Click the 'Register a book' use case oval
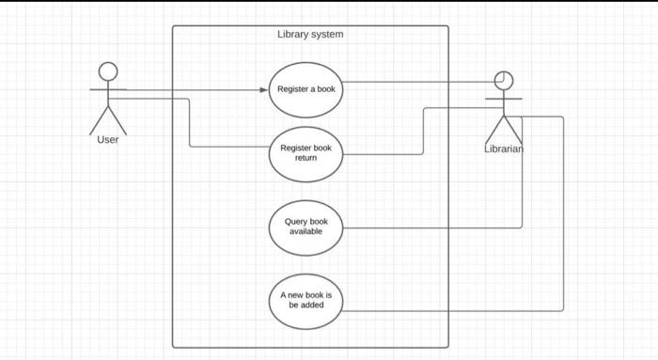coord(306,89)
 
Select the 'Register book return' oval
coord(306,153)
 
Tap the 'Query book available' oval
coord(306,227)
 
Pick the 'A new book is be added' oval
coord(306,301)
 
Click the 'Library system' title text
coord(310,35)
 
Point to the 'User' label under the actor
coord(108,140)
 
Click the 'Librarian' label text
coord(504,149)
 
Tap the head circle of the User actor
coord(109,71)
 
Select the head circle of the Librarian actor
coord(505,80)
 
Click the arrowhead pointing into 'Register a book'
coord(264,90)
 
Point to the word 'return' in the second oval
coord(306,158)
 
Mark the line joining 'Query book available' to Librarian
coord(432,227)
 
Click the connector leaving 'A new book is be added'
coord(451,310)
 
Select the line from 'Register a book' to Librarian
coord(414,82)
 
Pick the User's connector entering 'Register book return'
coord(230,147)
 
